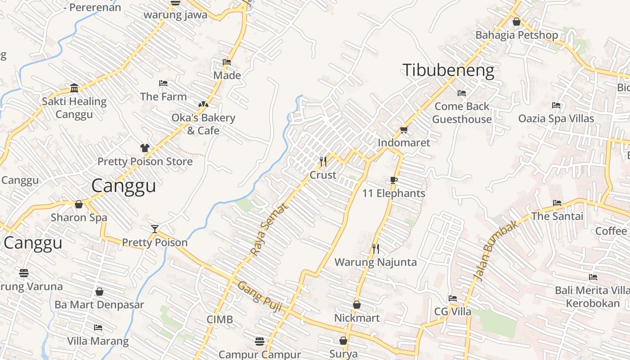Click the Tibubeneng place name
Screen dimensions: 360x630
click(448, 71)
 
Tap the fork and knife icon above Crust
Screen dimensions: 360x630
click(323, 161)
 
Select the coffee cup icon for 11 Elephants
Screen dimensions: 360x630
click(394, 180)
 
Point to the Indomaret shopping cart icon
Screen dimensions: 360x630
click(404, 130)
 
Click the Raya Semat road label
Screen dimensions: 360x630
click(269, 229)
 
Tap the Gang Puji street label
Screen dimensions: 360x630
click(260, 297)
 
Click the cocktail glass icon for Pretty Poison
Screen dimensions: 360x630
click(155, 229)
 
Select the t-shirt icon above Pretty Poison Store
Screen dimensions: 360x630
click(144, 148)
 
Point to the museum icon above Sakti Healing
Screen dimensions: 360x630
click(74, 87)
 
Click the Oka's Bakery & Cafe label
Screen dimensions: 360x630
click(203, 124)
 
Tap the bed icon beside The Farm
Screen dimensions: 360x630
click(163, 83)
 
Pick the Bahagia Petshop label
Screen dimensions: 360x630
click(517, 35)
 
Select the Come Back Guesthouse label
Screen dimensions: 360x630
click(462, 112)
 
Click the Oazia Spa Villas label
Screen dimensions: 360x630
click(556, 119)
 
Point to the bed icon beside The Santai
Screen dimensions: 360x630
click(557, 203)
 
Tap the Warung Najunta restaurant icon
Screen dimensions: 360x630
click(376, 248)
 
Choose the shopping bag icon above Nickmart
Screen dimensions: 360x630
click(357, 305)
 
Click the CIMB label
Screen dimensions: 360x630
click(220, 319)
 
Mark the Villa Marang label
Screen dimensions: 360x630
click(98, 341)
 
